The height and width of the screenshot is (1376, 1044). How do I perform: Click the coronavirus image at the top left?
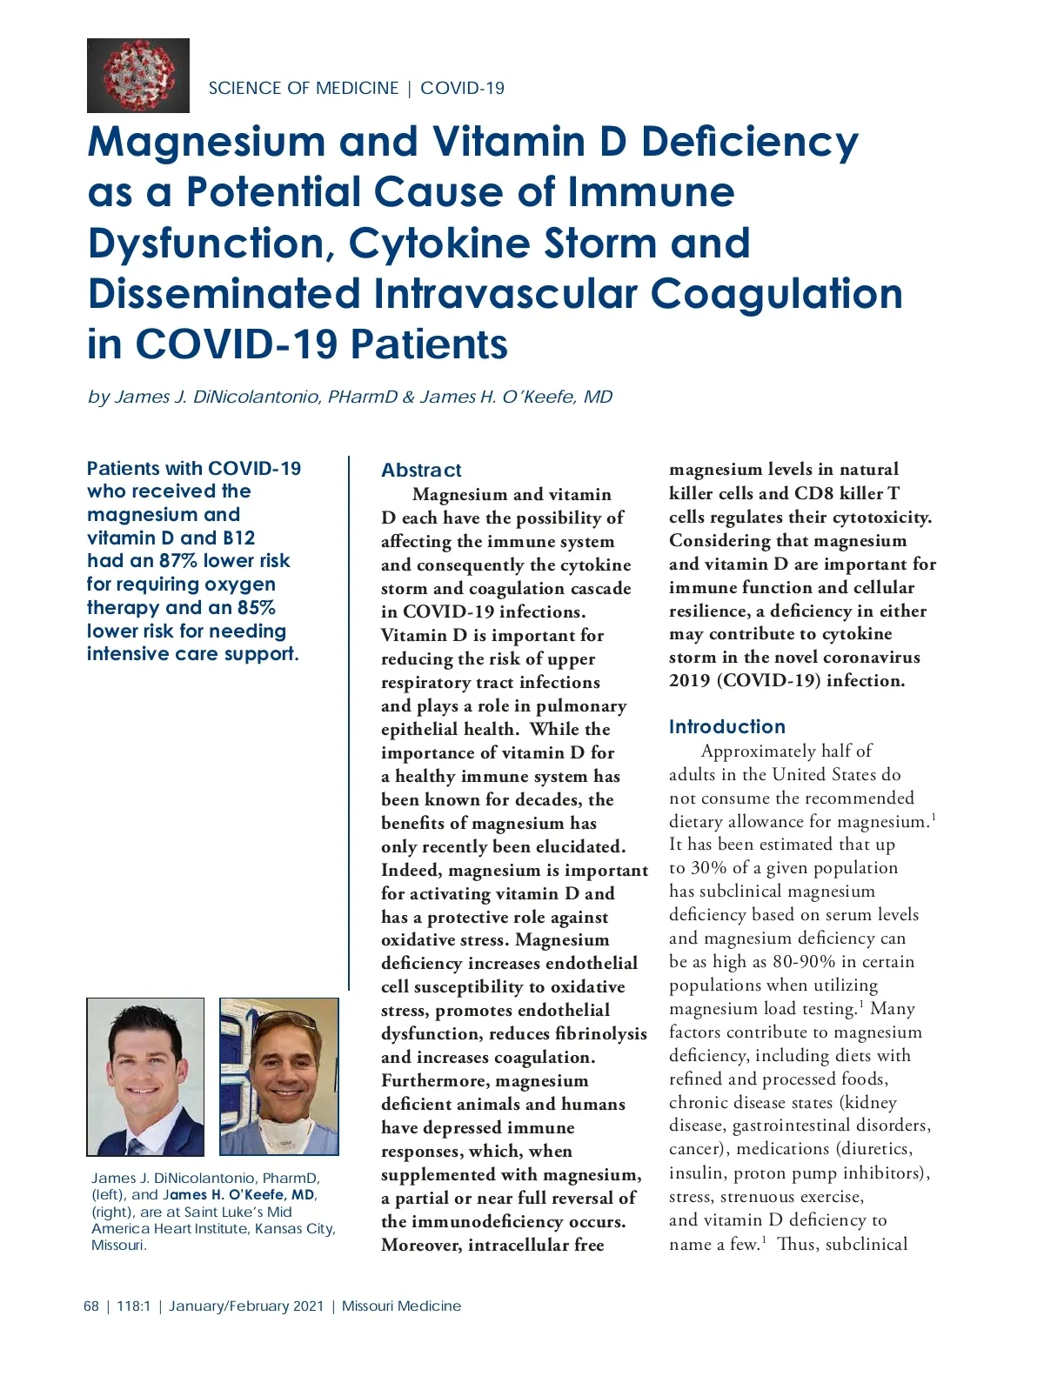[x=137, y=76]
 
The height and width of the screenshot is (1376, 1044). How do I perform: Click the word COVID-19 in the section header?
[x=462, y=88]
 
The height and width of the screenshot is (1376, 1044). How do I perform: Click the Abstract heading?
[x=421, y=471]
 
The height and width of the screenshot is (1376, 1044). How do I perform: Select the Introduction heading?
[x=726, y=727]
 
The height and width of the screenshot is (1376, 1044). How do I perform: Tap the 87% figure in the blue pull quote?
[x=178, y=561]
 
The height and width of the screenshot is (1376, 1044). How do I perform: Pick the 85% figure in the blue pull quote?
[x=256, y=607]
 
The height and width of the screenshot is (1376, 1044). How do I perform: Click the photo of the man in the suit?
[x=145, y=1076]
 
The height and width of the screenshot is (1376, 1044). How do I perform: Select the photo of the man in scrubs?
[x=278, y=1076]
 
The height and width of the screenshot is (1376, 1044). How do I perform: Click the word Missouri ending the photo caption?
[x=118, y=1245]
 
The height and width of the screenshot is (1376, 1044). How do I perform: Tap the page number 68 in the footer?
[x=91, y=1306]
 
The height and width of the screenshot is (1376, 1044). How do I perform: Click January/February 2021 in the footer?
[x=246, y=1306]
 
